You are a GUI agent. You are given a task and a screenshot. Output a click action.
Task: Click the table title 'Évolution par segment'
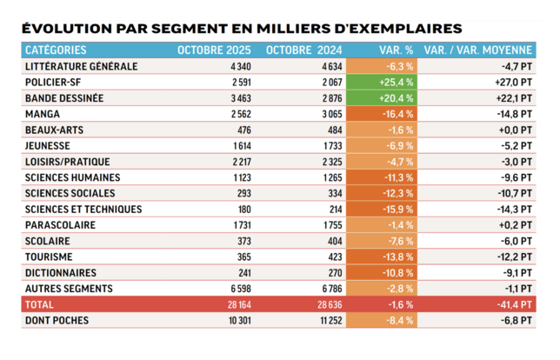241,29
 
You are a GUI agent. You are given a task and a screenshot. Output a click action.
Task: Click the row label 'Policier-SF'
54,81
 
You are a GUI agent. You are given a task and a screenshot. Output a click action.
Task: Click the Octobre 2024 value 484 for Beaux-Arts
335,130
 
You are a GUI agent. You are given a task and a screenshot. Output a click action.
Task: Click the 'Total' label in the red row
41,305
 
